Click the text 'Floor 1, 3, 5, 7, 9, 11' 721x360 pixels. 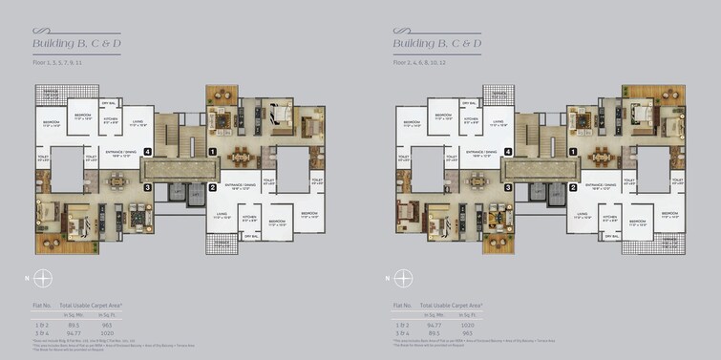click(x=57, y=62)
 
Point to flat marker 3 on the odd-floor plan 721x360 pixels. click(x=147, y=187)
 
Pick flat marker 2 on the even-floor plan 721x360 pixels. click(x=574, y=187)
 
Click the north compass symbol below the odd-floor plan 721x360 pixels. click(x=43, y=279)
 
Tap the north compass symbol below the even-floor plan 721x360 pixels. click(x=403, y=279)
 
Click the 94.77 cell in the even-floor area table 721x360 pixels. click(x=435, y=326)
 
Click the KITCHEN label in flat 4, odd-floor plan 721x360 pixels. click(x=110, y=120)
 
